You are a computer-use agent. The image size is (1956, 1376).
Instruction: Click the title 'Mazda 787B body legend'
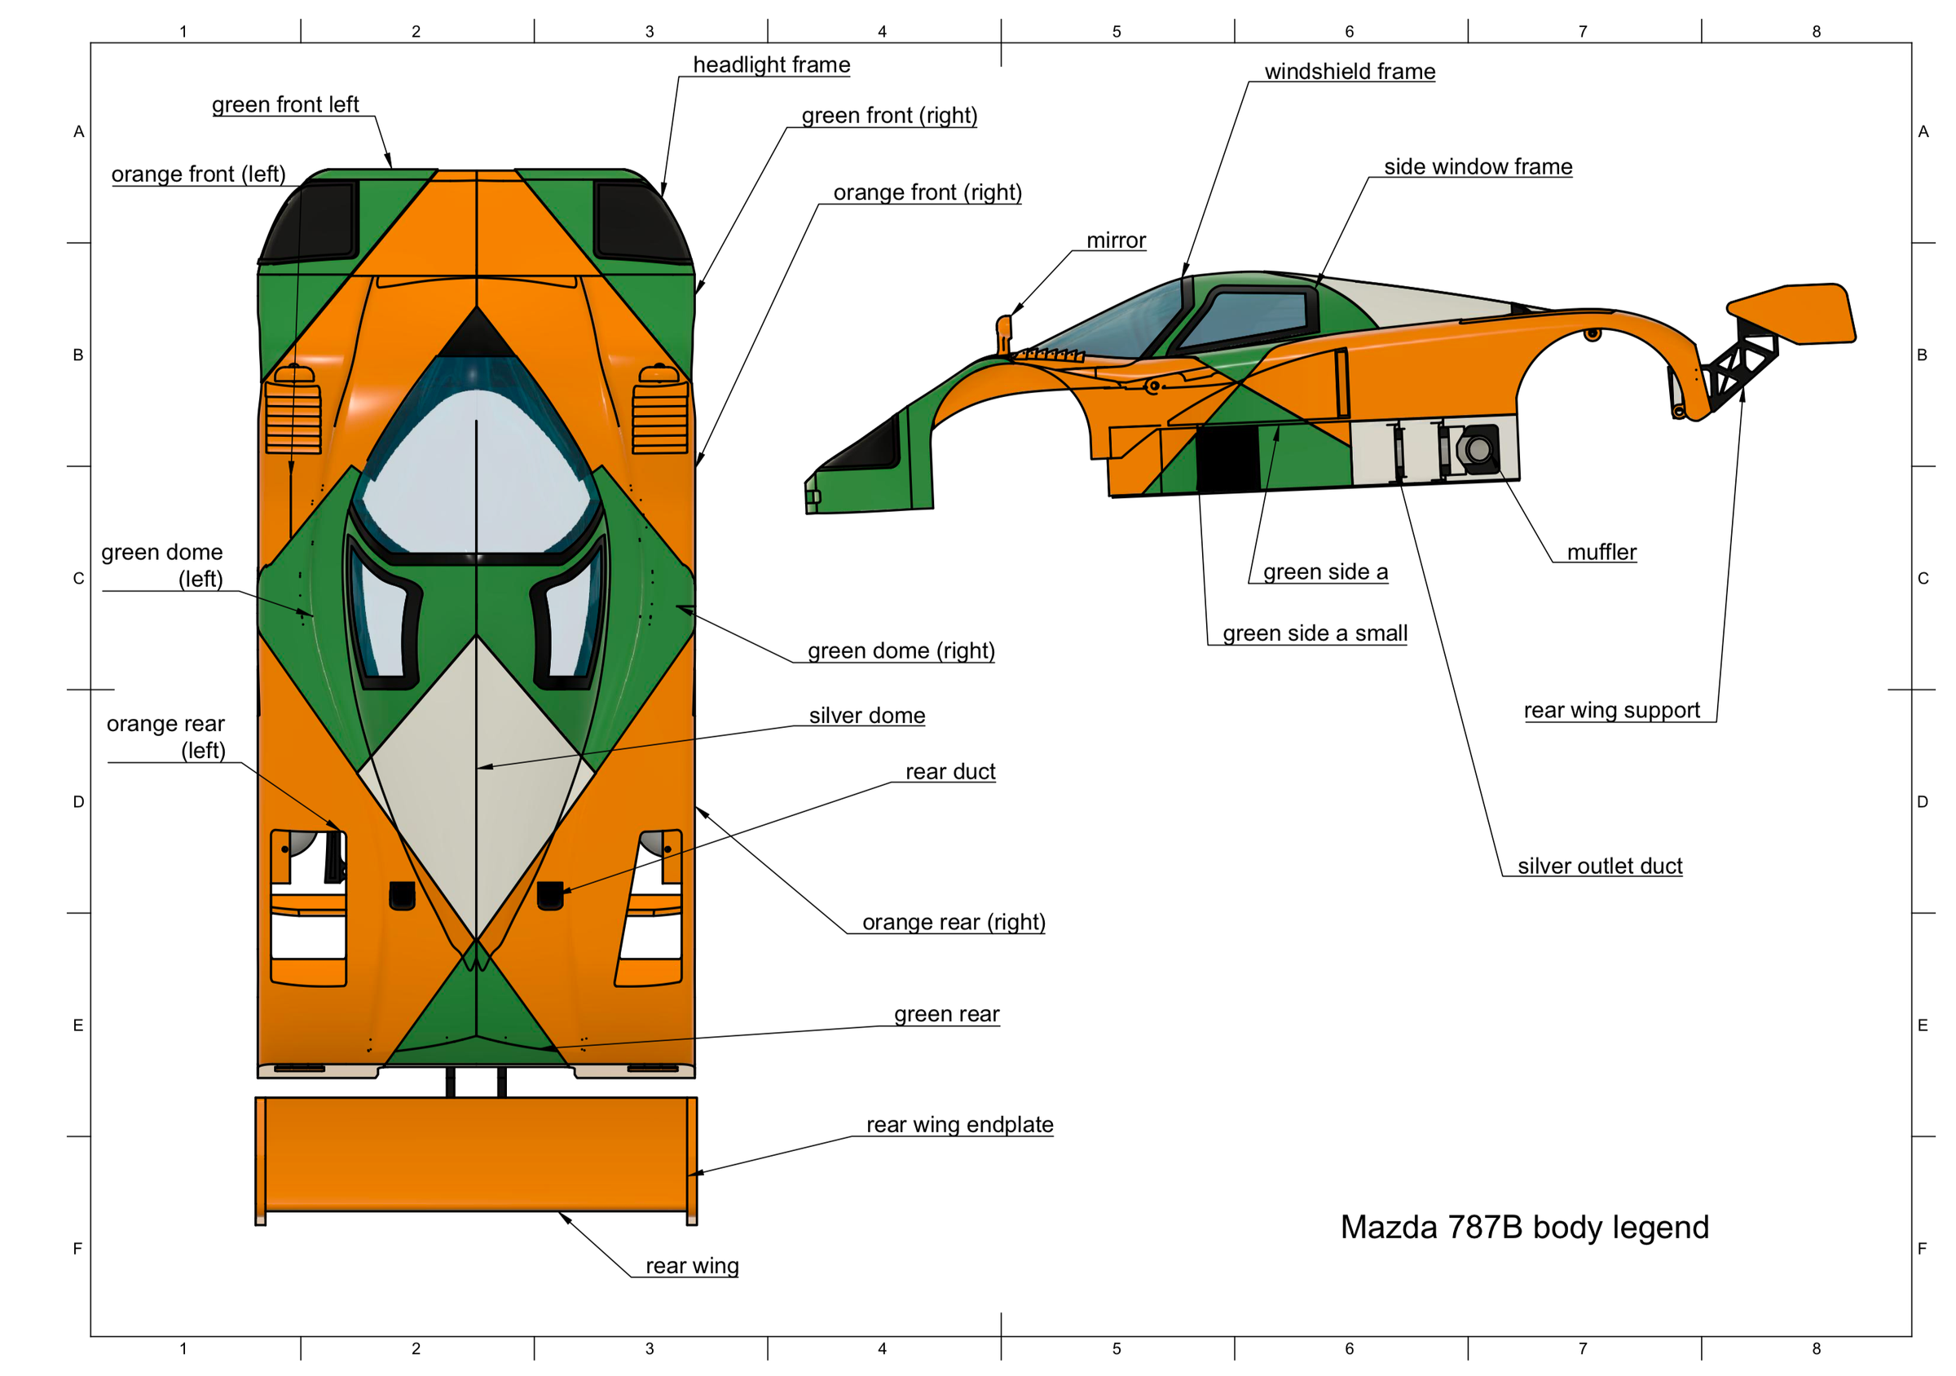click(1524, 1227)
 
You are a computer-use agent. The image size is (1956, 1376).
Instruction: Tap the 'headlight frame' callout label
click(771, 64)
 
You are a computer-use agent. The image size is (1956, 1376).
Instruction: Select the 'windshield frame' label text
click(1350, 72)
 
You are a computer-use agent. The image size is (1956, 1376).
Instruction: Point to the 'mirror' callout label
click(1116, 240)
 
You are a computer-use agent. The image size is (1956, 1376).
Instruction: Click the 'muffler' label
click(1601, 552)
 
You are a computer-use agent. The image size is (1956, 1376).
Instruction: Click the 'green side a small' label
click(1315, 633)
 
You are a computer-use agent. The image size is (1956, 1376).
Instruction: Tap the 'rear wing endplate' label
click(959, 1125)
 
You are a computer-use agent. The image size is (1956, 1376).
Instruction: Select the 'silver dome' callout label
click(866, 716)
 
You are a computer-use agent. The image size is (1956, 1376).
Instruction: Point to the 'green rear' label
click(946, 1014)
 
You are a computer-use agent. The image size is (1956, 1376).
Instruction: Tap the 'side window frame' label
click(1478, 167)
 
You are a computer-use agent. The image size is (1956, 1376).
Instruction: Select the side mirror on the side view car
click(1003, 333)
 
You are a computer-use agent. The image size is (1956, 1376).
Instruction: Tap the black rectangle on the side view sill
click(1227, 458)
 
